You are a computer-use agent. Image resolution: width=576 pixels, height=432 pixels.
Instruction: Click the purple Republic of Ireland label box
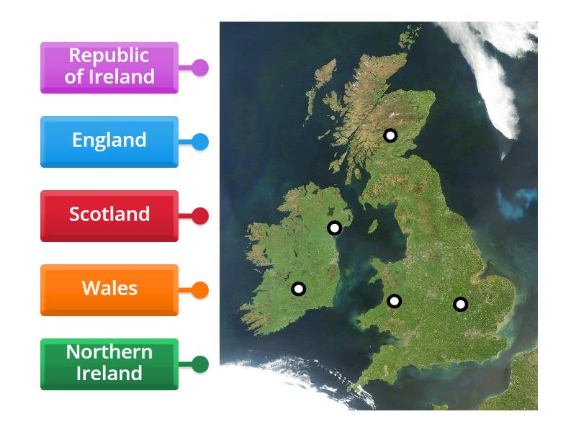pyautogui.click(x=109, y=67)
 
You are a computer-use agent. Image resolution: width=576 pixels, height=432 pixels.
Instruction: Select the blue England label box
pyautogui.click(x=109, y=141)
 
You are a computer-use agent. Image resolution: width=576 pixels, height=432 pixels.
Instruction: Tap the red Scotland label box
pyautogui.click(x=109, y=215)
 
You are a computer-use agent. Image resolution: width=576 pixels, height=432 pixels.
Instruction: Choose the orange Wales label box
pyautogui.click(x=109, y=289)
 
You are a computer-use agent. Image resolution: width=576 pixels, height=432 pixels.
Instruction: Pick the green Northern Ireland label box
pyautogui.click(x=109, y=364)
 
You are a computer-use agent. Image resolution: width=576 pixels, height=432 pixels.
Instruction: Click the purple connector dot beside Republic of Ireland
pyautogui.click(x=200, y=68)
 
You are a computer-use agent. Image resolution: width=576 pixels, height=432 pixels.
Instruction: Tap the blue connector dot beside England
pyautogui.click(x=200, y=142)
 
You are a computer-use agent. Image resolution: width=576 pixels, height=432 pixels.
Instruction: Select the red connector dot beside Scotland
pyautogui.click(x=200, y=216)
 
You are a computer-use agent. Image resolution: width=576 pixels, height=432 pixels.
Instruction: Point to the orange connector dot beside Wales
pyautogui.click(x=200, y=290)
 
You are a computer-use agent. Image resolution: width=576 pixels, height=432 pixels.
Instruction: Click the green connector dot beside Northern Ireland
pyautogui.click(x=200, y=364)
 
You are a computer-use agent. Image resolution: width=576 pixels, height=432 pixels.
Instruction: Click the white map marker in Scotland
pyautogui.click(x=390, y=135)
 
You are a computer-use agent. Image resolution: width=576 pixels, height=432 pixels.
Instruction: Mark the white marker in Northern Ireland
pyautogui.click(x=334, y=228)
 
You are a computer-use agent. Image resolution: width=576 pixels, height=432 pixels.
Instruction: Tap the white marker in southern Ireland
pyautogui.click(x=298, y=289)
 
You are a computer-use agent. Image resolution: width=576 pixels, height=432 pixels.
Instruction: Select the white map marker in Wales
pyautogui.click(x=394, y=301)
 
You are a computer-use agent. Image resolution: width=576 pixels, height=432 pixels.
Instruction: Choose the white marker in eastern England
pyautogui.click(x=461, y=305)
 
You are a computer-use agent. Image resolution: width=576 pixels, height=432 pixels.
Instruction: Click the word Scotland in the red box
pyautogui.click(x=109, y=214)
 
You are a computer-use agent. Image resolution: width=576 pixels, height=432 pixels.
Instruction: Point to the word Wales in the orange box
pyautogui.click(x=109, y=288)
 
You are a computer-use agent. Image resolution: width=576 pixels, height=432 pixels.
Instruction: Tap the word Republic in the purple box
pyautogui.click(x=109, y=55)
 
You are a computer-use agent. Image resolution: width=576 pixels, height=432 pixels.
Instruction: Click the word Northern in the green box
pyautogui.click(x=109, y=352)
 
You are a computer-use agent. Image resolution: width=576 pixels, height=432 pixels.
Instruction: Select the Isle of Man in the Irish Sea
pyautogui.click(x=373, y=226)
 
